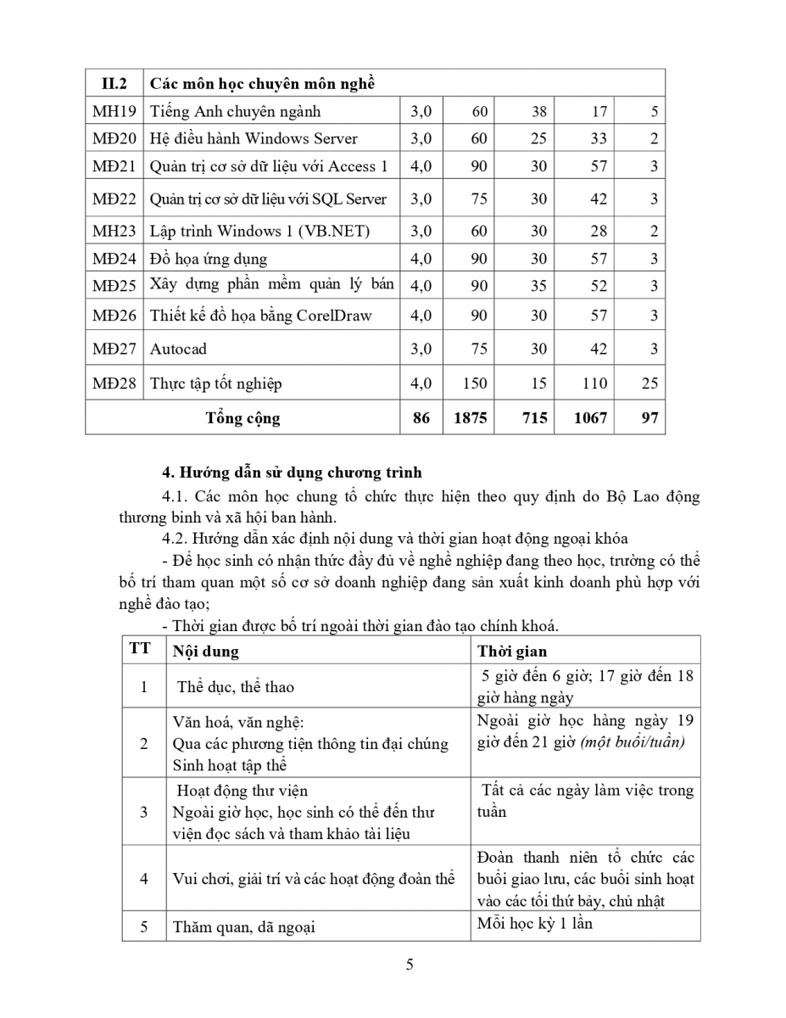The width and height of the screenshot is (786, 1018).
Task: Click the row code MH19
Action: pos(114,111)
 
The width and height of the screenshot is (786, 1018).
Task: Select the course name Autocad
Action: pos(178,349)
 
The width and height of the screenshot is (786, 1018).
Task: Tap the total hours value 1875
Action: pos(471,418)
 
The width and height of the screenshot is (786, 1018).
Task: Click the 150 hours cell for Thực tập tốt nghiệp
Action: pos(474,383)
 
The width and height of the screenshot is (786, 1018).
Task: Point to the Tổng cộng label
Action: pos(242,418)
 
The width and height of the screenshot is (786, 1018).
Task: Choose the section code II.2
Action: pos(114,84)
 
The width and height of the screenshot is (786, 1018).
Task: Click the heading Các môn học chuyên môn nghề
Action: pos(262,84)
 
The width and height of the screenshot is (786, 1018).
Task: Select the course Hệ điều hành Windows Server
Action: pos(254,138)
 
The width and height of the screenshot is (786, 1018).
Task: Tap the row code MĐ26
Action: pos(114,316)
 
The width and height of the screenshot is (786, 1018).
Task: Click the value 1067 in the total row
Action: pos(590,418)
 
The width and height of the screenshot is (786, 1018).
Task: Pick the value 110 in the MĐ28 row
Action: pos(594,383)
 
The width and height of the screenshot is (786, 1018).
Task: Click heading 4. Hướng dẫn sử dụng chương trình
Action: pos(292,473)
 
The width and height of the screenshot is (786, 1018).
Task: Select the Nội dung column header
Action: pos(205,652)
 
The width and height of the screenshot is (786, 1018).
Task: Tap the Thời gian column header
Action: pos(512,652)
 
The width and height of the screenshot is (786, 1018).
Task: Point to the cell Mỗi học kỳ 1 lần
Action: pos(535,923)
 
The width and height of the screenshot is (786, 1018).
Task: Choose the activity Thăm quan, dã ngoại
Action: pos(243,927)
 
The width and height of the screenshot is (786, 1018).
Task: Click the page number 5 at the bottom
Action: pos(410,965)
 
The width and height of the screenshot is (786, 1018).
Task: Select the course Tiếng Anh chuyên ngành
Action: pos(235,111)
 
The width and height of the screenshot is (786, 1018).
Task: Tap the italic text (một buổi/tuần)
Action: pos(633,741)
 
